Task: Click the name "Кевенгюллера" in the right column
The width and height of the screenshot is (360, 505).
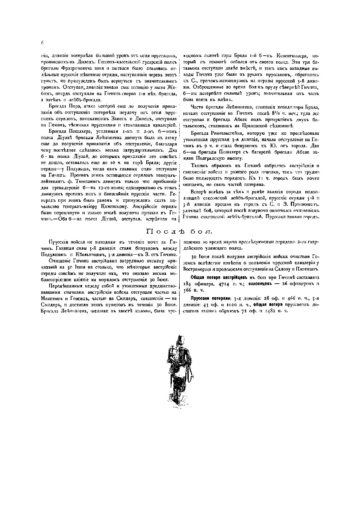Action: coord(291,55)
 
